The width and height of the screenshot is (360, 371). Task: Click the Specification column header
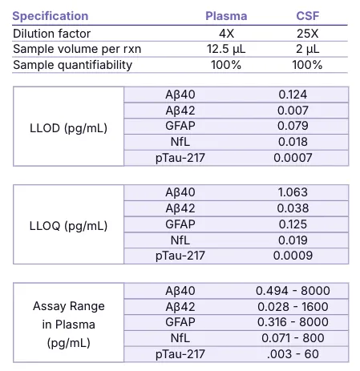51,16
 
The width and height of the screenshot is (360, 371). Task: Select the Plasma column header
226,16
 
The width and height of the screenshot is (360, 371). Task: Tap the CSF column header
308,16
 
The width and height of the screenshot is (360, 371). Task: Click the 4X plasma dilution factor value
226,34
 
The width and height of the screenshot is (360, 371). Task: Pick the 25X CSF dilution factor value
308,34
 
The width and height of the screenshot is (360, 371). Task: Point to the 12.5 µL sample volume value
226,50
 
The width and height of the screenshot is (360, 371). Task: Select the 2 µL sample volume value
308,50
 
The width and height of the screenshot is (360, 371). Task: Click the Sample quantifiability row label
72,65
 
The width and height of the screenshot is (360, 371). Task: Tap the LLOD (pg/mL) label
68,128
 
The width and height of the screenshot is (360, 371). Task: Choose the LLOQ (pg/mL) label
68,226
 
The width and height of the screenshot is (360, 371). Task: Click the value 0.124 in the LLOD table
293,95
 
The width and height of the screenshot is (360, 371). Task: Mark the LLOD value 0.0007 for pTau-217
293,158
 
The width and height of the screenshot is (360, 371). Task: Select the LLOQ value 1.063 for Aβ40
293,192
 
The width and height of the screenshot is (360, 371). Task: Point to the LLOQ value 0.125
293,224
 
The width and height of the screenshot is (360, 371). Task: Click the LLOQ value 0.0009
293,256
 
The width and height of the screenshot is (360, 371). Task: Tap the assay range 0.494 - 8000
293,291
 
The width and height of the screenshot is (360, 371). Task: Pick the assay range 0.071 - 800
293,338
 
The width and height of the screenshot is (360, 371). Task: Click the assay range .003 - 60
293,354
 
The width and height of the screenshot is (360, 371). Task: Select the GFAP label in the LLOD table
180,126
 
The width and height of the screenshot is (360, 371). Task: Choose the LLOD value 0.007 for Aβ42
293,111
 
